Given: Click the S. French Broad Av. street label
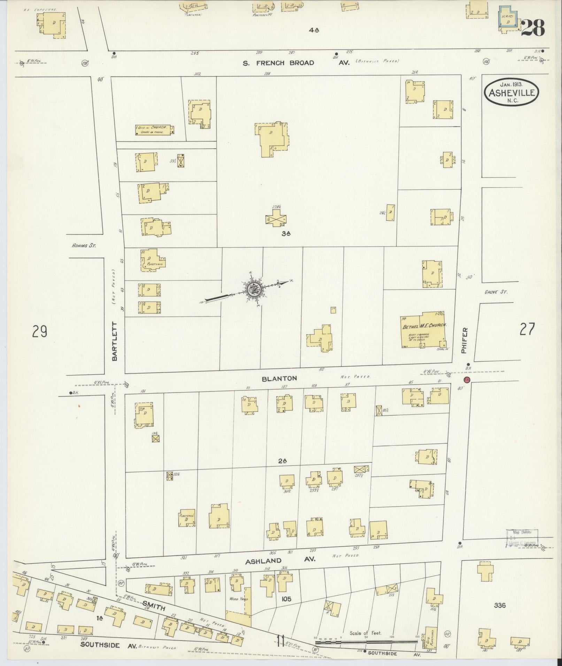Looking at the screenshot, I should pos(296,63).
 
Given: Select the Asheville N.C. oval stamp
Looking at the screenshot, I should pos(511,92).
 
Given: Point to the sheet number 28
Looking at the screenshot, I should pos(533,28).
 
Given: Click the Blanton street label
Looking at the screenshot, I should pos(279,378).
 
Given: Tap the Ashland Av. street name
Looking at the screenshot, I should pos(280,561).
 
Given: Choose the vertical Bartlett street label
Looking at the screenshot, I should pos(116,340).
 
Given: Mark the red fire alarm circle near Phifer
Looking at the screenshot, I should pos(467,379).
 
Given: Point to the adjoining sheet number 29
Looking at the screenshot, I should pos(40,331).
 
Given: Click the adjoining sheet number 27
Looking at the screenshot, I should pos(526,329).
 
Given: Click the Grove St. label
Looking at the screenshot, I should pos(496,292).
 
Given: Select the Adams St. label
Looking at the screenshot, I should pos(84,245).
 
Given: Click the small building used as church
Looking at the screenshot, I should pos(154,130).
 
